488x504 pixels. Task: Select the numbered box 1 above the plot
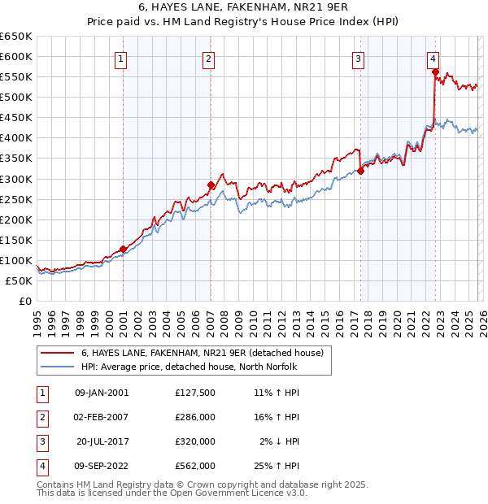[120, 58]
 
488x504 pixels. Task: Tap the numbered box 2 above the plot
[208, 58]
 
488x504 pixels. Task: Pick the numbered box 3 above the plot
[358, 58]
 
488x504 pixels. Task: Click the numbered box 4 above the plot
[434, 58]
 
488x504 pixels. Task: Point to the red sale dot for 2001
[123, 249]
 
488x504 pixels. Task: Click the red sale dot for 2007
[211, 185]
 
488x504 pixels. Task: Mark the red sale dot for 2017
[360, 171]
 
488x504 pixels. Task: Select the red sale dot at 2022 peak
[435, 72]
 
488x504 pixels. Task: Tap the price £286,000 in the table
[195, 417]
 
